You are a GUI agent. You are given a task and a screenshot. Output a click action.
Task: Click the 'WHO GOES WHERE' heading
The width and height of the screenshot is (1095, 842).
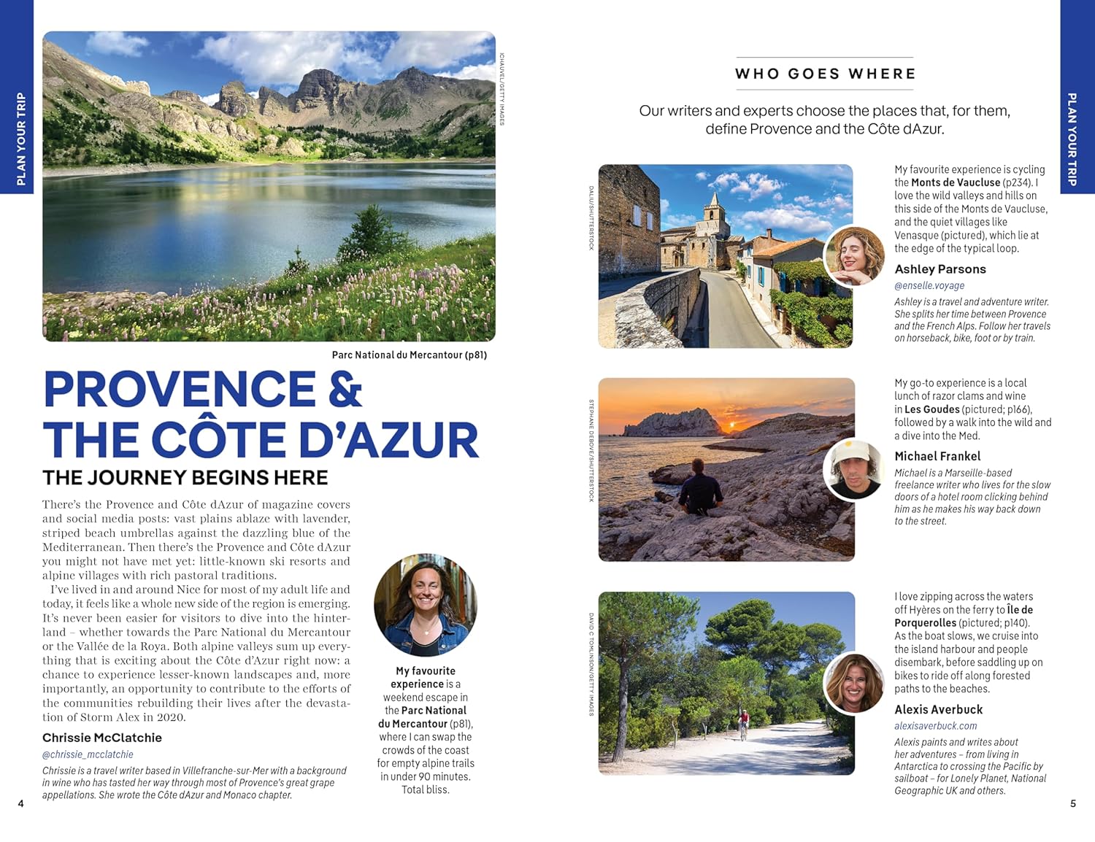point(825,74)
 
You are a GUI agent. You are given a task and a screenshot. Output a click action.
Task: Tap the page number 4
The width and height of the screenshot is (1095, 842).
point(20,803)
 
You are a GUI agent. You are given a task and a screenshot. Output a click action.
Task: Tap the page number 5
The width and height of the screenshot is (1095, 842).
point(1072,803)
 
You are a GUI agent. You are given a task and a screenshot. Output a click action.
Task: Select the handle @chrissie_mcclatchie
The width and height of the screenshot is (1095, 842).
point(88,754)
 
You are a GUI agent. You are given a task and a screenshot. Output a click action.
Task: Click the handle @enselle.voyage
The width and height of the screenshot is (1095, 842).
point(929,285)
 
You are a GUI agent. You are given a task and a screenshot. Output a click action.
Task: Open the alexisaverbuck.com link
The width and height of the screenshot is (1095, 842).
point(935,726)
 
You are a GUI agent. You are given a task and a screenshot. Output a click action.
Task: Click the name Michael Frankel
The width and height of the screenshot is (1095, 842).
point(937,456)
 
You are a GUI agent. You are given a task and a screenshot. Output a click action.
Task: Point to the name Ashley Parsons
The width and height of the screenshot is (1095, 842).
point(940,269)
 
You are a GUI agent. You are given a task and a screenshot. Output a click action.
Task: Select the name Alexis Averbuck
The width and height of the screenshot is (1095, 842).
point(939,709)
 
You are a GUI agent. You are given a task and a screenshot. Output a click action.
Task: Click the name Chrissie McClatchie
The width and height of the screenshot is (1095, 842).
point(102,738)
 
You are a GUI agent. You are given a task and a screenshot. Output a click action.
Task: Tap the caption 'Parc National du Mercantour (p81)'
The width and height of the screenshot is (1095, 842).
point(409,355)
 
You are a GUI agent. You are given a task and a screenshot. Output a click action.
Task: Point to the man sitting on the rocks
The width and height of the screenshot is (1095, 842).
point(700,485)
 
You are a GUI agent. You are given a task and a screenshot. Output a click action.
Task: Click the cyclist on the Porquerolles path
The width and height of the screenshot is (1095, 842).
point(743,724)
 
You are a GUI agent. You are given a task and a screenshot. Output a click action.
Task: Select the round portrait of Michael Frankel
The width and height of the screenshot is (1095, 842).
point(853,470)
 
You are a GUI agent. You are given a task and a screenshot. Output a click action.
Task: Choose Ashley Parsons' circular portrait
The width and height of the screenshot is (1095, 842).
point(853,256)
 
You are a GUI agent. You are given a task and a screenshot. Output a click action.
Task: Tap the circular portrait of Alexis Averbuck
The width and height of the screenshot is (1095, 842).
point(853,684)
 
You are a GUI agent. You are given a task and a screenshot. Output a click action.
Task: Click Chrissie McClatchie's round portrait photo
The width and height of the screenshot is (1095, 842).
point(426,605)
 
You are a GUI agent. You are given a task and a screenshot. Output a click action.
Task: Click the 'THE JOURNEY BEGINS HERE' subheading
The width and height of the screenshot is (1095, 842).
point(185,478)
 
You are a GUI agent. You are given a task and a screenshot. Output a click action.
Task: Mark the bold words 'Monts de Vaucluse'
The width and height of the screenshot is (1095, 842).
point(955,182)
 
